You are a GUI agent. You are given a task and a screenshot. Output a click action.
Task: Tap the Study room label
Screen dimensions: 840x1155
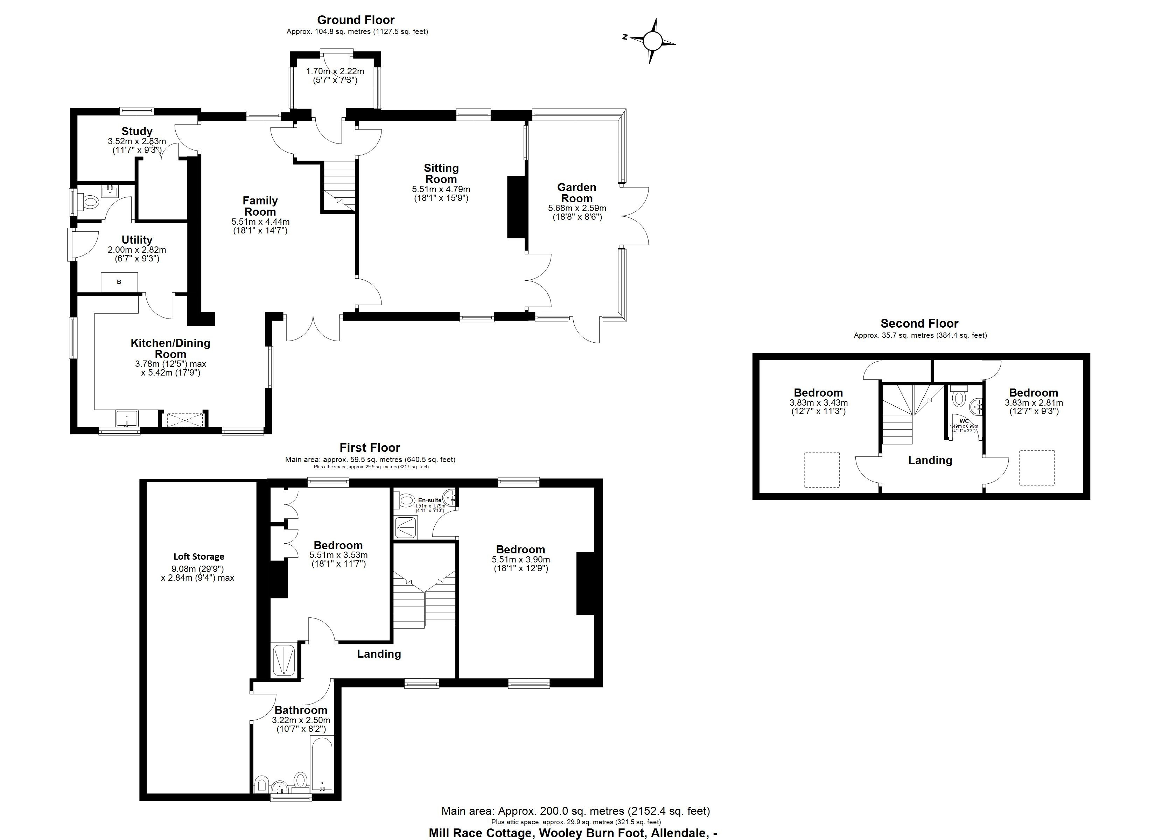click(136, 132)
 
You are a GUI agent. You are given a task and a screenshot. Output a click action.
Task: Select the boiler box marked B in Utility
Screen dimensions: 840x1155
click(119, 282)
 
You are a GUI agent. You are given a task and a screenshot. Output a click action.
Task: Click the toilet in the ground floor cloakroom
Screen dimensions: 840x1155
click(90, 202)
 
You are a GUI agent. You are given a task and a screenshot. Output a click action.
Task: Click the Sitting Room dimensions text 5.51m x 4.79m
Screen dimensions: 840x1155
click(441, 189)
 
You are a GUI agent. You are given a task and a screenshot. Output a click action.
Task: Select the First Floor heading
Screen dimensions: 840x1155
click(370, 448)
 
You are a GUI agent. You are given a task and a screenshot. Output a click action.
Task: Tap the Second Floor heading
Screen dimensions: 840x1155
click(919, 323)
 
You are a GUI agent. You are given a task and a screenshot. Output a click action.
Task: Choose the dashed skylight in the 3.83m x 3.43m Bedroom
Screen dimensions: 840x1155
click(821, 470)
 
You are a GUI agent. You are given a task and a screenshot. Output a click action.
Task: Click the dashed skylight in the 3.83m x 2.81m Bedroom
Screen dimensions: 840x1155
click(1036, 468)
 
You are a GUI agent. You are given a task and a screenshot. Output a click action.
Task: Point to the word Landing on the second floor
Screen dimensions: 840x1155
click(930, 461)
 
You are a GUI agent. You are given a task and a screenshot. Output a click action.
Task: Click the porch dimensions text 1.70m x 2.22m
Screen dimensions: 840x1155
click(335, 72)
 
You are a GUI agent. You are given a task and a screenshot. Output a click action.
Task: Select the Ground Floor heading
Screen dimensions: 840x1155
click(356, 20)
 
